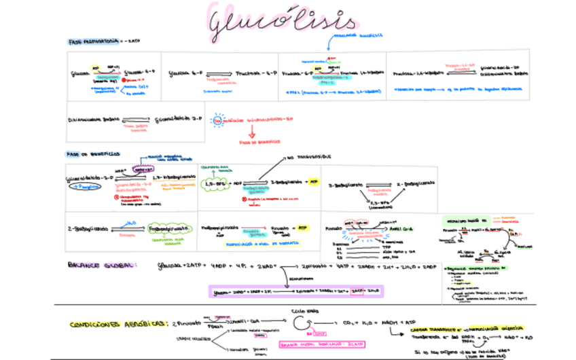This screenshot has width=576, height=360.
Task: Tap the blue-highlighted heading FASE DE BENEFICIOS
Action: (x=93, y=154)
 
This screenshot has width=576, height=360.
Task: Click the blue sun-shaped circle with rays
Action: (x=218, y=120)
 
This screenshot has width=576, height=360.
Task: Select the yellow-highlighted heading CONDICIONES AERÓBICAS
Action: (x=116, y=324)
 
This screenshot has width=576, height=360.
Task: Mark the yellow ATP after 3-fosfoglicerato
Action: (x=314, y=182)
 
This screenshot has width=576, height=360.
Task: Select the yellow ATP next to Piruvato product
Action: (x=302, y=228)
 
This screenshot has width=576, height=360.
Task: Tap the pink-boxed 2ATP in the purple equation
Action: (x=359, y=291)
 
